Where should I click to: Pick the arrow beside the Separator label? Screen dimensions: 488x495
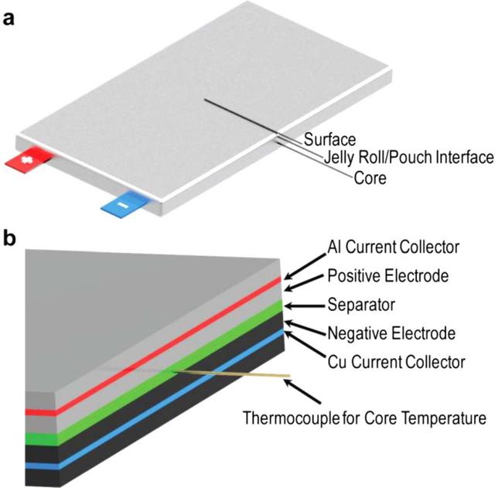tap(304, 304)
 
